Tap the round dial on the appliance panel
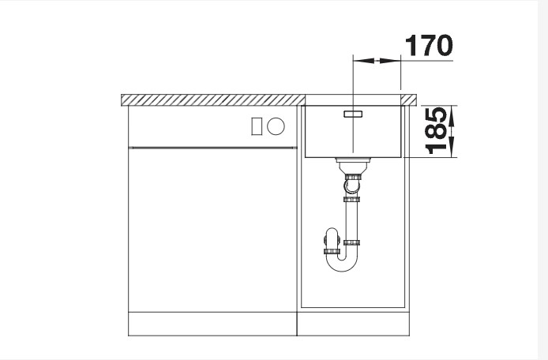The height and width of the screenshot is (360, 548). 276,126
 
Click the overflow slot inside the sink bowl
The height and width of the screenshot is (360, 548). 351,114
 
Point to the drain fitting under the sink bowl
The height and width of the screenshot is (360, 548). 352,165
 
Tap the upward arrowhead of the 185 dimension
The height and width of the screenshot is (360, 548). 452,111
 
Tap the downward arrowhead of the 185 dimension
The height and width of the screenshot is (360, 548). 452,149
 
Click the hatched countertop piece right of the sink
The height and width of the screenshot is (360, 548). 410,99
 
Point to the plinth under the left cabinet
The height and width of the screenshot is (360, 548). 212,324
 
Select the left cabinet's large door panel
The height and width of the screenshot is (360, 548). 212,229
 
